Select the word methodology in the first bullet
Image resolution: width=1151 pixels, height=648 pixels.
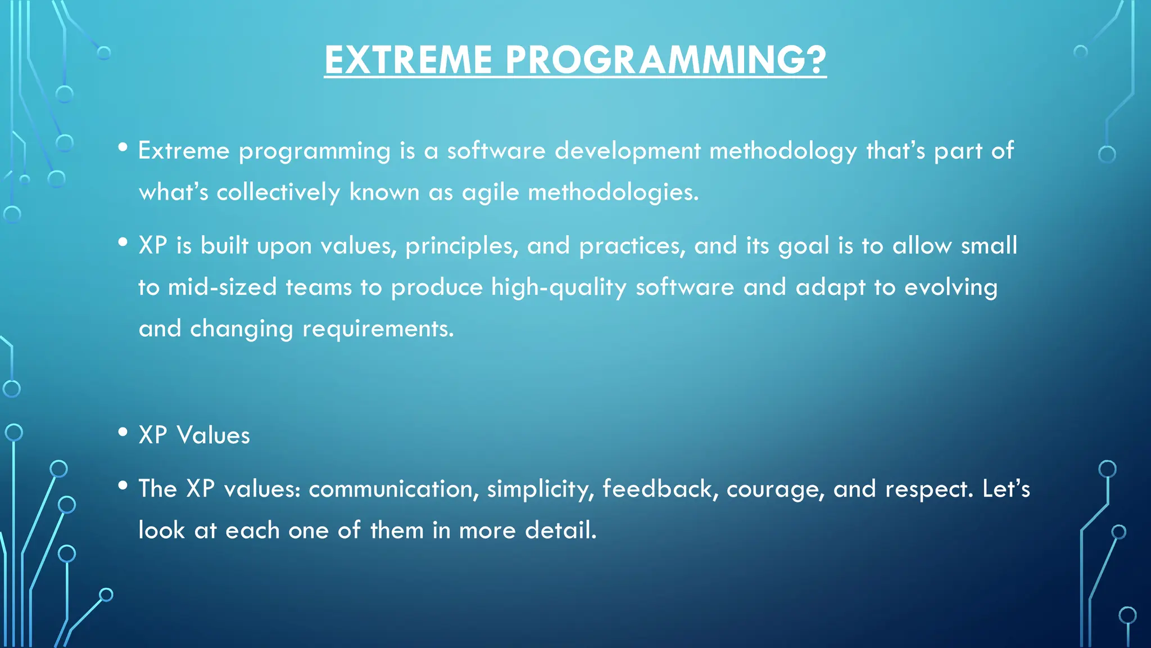pos(783,151)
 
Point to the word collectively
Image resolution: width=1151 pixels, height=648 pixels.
pos(278,192)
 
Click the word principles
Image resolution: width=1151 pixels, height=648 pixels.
pos(462,246)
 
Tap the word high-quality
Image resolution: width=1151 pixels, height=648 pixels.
pos(558,287)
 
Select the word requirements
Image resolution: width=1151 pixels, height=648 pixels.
pos(378,329)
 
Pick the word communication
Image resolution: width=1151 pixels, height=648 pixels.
pos(393,489)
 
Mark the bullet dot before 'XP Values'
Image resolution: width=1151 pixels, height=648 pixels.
pos(123,433)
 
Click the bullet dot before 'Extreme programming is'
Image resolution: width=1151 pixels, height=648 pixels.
pos(123,148)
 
